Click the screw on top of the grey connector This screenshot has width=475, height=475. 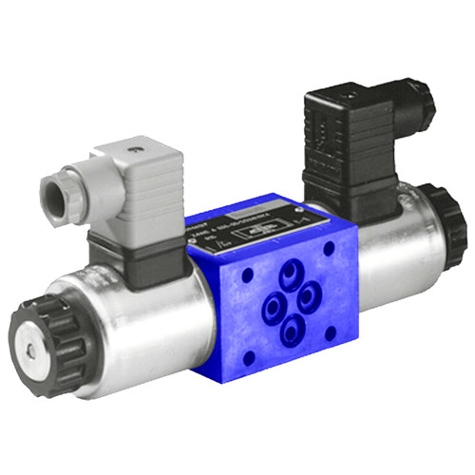click(x=137, y=151)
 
